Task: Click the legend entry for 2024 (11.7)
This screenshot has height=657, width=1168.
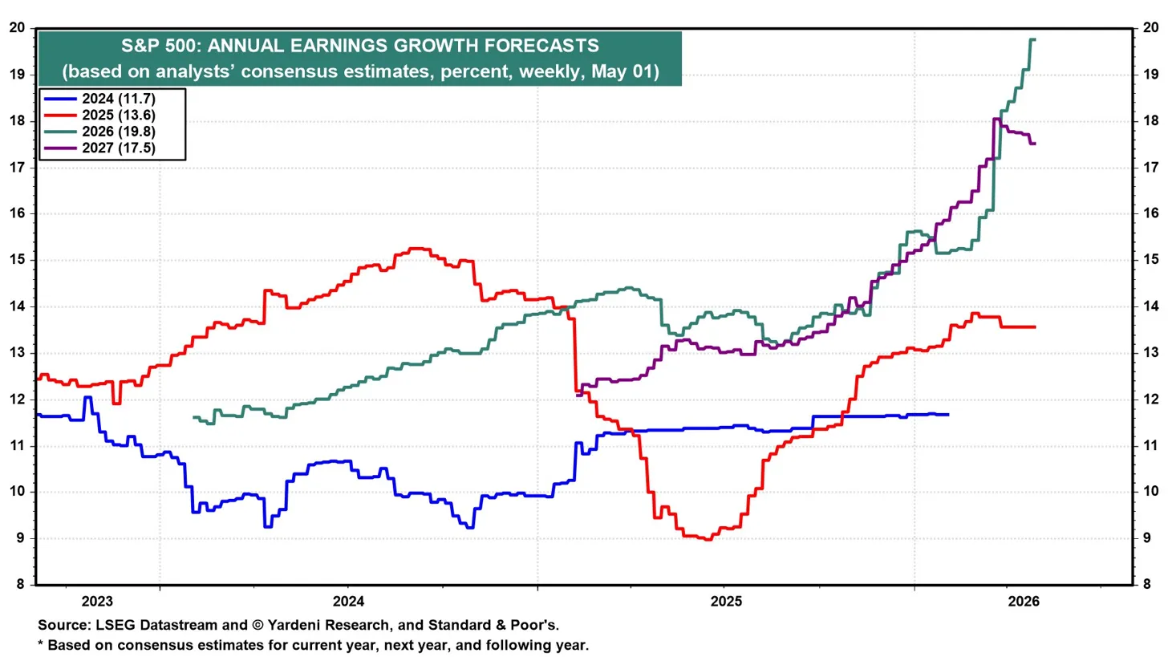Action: click(x=100, y=99)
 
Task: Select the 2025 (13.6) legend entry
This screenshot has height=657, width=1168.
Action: click(x=100, y=116)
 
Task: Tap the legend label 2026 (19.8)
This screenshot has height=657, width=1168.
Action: click(x=100, y=132)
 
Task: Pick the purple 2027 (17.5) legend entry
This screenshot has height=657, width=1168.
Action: click(x=100, y=148)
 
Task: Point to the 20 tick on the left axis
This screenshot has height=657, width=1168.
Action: click(x=17, y=27)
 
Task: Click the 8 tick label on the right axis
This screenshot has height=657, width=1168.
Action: click(x=1146, y=585)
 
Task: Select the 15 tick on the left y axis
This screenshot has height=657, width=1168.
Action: click(x=17, y=260)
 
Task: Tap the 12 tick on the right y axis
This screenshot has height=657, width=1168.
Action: click(x=1150, y=399)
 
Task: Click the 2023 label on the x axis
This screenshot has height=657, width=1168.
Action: click(x=97, y=601)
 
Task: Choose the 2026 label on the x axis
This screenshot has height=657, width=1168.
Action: click(x=1024, y=601)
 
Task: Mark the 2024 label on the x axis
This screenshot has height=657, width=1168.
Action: click(x=348, y=601)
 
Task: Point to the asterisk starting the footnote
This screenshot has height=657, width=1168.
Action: click(x=41, y=643)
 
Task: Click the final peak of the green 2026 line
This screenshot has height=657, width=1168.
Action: click(x=1032, y=39)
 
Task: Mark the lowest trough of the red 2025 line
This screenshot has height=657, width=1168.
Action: click(x=708, y=539)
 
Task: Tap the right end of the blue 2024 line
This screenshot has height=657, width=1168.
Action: click(x=948, y=415)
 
